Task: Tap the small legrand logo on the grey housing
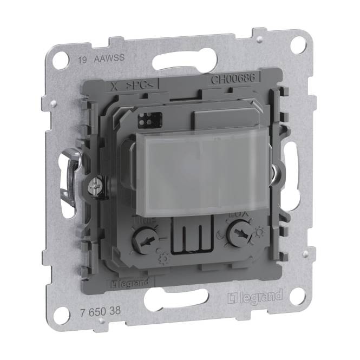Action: pos(126,284)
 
